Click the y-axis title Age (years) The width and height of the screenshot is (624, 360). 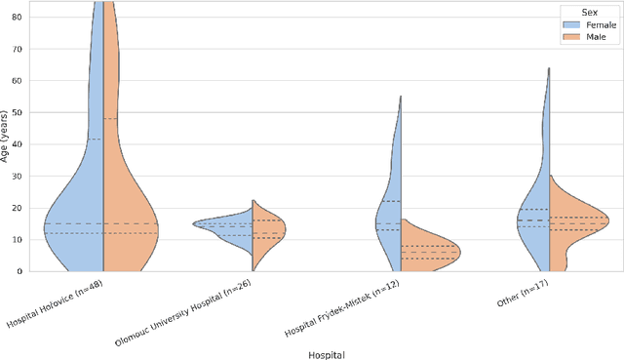click(6, 137)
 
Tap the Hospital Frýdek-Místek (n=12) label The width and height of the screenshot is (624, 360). click(349, 302)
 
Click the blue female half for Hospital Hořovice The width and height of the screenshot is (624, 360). click(78, 224)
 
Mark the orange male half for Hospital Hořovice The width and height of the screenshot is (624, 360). click(127, 224)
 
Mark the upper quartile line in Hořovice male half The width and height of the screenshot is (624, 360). click(110, 119)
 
